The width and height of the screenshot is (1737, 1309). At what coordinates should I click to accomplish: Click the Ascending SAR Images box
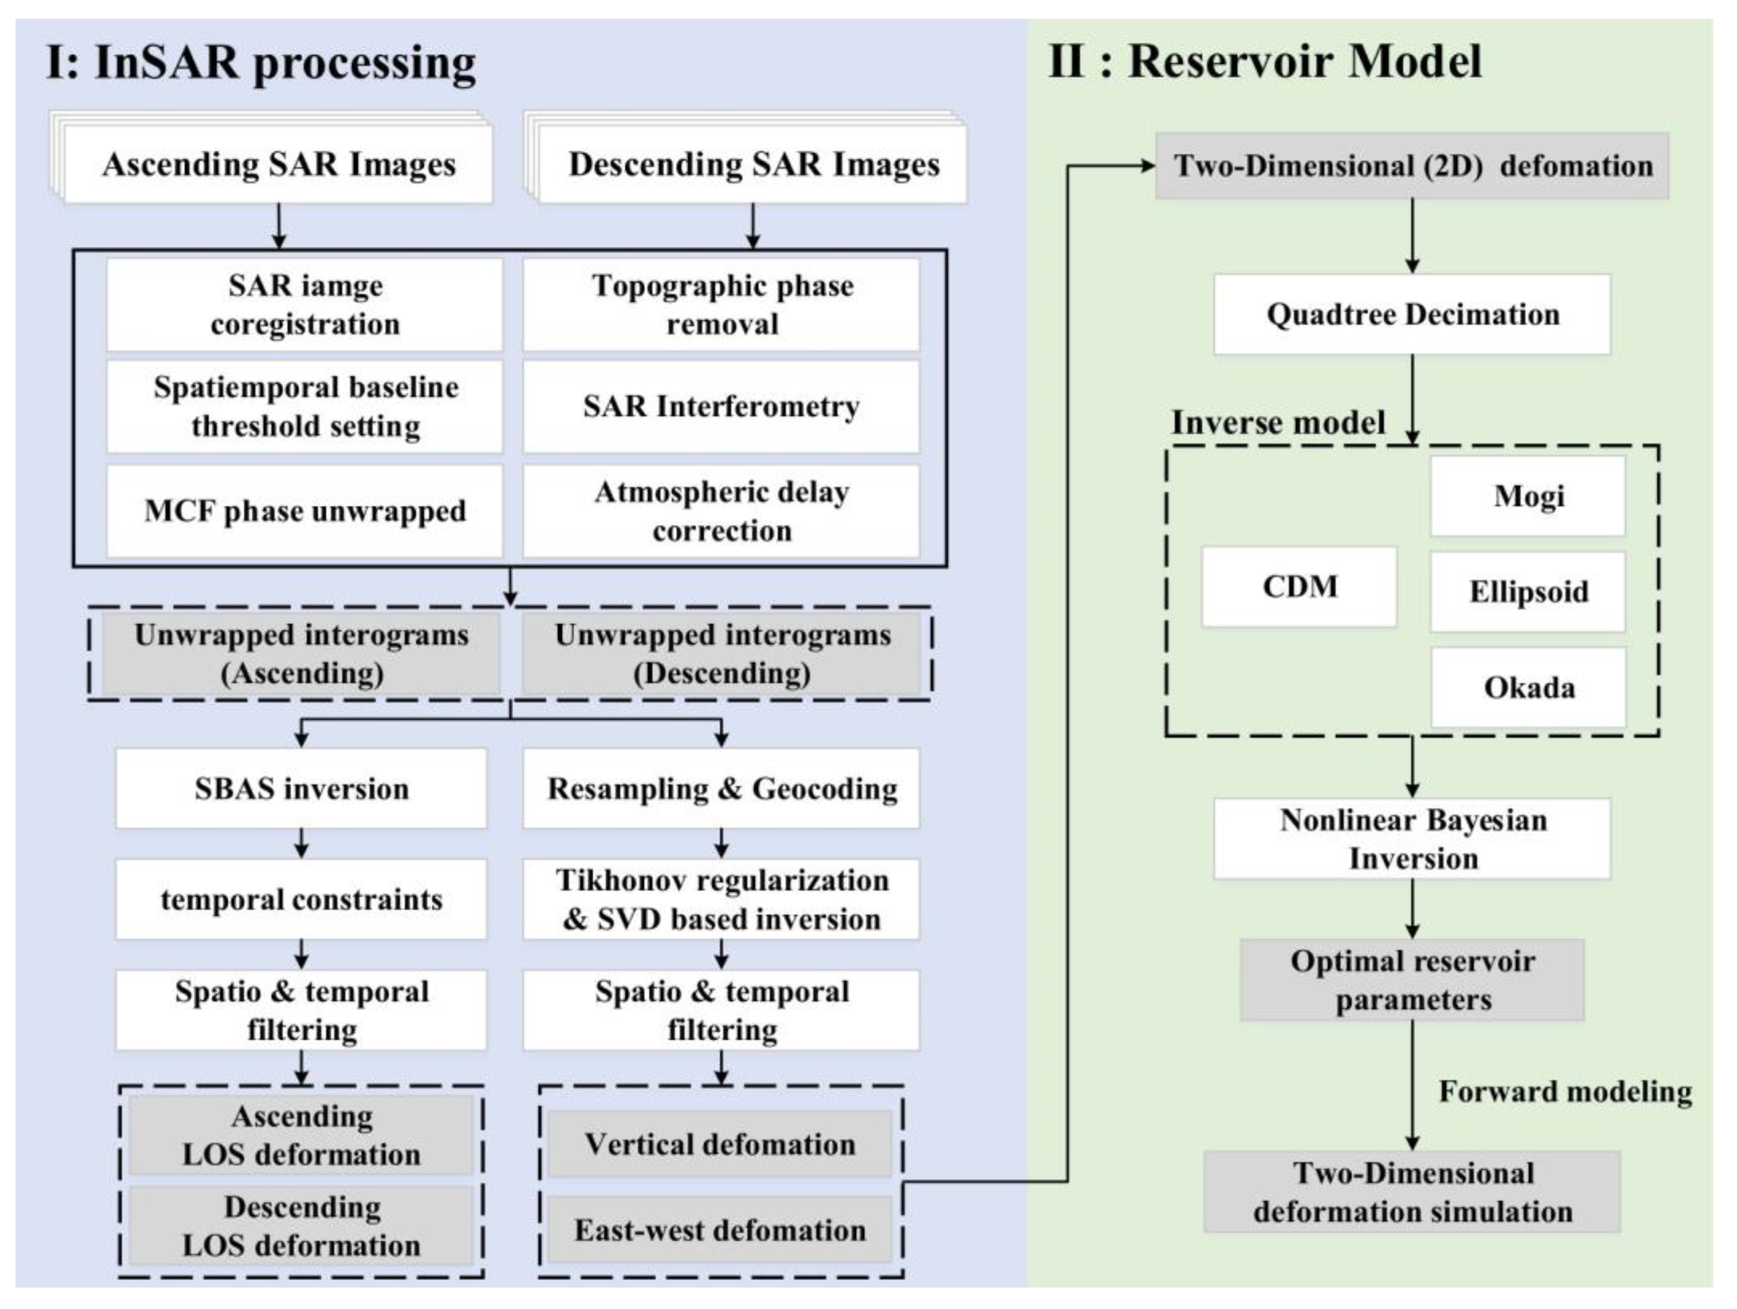click(278, 165)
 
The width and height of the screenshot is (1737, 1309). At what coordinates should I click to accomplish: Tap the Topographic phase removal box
click(721, 305)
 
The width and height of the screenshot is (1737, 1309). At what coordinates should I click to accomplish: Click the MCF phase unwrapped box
click(305, 511)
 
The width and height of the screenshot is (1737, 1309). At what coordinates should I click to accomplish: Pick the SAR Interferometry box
click(721, 407)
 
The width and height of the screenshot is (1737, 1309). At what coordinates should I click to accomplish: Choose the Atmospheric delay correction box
click(721, 511)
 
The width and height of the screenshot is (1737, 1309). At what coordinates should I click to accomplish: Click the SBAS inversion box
click(302, 788)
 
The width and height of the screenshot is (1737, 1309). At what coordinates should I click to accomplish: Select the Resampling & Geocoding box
click(721, 788)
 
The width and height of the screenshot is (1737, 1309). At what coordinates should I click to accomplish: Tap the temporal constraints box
click(302, 899)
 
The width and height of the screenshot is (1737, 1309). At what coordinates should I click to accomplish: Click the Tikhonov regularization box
click(721, 899)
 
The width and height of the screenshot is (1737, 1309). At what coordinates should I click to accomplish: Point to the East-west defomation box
click(719, 1230)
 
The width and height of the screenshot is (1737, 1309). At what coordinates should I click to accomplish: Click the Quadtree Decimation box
click(1412, 314)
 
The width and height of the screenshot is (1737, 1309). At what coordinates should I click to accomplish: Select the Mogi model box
click(1528, 496)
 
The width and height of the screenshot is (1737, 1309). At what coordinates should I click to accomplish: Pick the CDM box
click(1299, 586)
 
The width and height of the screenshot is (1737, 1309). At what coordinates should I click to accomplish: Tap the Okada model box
click(1528, 688)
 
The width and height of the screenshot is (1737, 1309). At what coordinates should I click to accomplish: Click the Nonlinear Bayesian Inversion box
click(1412, 839)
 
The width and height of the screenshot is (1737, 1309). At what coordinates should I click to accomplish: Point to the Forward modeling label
click(1564, 1092)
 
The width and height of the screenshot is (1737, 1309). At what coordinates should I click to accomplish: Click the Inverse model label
click(1277, 423)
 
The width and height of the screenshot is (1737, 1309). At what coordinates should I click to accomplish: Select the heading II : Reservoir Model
click(1264, 61)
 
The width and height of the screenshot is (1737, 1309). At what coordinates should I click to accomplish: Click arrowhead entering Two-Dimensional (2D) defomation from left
click(1148, 165)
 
